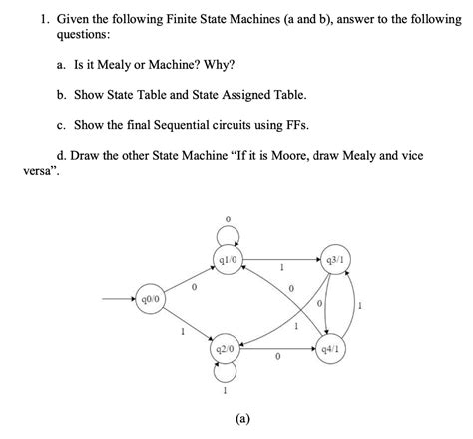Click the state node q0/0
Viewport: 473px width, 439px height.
(153, 297)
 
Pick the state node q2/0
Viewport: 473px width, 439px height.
(226, 350)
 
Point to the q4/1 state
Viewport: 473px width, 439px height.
(332, 350)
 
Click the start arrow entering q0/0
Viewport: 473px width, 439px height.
(119, 297)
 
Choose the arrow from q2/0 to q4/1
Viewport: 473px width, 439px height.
(278, 350)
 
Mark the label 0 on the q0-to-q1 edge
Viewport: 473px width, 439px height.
(194, 288)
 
